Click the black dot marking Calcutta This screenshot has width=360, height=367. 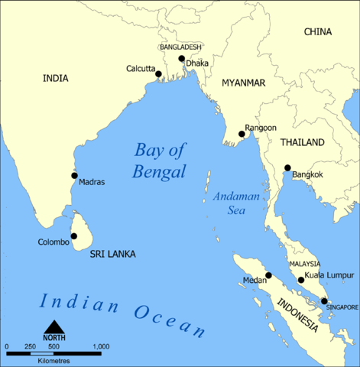(x=161, y=73)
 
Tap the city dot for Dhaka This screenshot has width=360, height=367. (x=181, y=59)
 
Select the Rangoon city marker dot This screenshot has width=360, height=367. (x=242, y=135)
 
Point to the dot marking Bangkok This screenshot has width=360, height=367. (x=287, y=168)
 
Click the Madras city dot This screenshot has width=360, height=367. (x=74, y=175)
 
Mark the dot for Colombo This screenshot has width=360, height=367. (x=74, y=236)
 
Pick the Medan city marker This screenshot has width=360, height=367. (x=268, y=275)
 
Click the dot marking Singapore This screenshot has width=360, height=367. (x=324, y=301)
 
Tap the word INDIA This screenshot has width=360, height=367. (x=55, y=78)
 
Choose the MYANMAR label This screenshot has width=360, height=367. (x=244, y=82)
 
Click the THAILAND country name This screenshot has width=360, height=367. (x=302, y=142)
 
